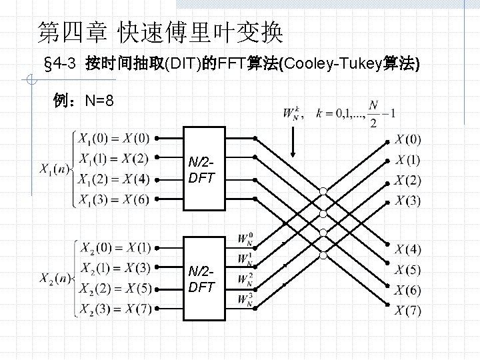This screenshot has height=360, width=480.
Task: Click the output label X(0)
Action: point(408,139)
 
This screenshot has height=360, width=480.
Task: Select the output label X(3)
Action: point(408,201)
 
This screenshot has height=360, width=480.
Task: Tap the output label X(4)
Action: point(408,249)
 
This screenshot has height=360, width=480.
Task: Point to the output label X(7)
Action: point(408,311)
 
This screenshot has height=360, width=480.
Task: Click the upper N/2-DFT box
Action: point(202,169)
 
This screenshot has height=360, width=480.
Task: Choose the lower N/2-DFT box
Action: point(202,279)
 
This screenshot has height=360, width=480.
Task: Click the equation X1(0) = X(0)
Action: point(113,139)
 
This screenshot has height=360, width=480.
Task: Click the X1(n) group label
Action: point(53,168)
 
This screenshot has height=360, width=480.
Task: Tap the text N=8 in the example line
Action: point(99,101)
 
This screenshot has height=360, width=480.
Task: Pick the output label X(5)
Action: point(408,270)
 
